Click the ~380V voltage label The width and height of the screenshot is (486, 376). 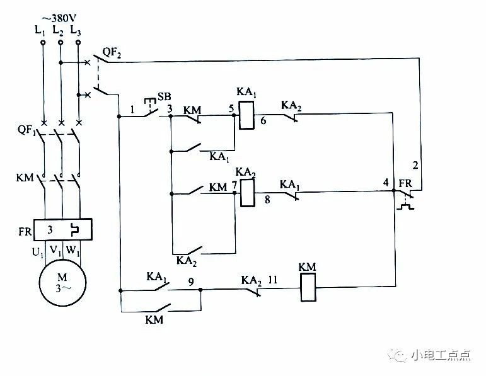pyautogui.click(x=59, y=19)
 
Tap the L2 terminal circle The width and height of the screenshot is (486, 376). pyautogui.click(x=61, y=42)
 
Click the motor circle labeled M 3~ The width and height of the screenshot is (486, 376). pyautogui.click(x=62, y=282)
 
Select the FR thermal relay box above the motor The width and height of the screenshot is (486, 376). pyautogui.click(x=62, y=229)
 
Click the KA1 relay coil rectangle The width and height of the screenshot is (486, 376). pyautogui.click(x=246, y=115)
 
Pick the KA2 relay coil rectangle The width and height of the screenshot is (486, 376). pyautogui.click(x=248, y=193)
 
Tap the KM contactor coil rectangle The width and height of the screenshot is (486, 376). pyautogui.click(x=308, y=287)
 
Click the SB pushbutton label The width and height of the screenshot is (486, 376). pyautogui.click(x=165, y=96)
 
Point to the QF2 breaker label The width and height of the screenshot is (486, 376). pyautogui.click(x=112, y=53)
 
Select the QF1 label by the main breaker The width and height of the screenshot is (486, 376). pyautogui.click(x=26, y=130)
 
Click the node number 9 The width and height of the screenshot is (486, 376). pyautogui.click(x=191, y=282)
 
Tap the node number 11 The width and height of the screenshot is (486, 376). pyautogui.click(x=272, y=280)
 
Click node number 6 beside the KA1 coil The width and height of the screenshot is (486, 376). pyautogui.click(x=263, y=120)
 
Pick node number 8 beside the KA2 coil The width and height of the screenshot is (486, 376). pyautogui.click(x=267, y=199)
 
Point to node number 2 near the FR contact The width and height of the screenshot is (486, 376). pyautogui.click(x=415, y=165)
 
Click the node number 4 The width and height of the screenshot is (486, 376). pyautogui.click(x=386, y=182)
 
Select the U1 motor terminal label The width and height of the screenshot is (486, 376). pyautogui.click(x=38, y=253)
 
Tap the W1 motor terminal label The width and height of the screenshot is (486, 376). pyautogui.click(x=73, y=250)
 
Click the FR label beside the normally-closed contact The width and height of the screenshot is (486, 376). pyautogui.click(x=405, y=184)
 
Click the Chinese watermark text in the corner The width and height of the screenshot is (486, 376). pyautogui.click(x=441, y=355)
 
